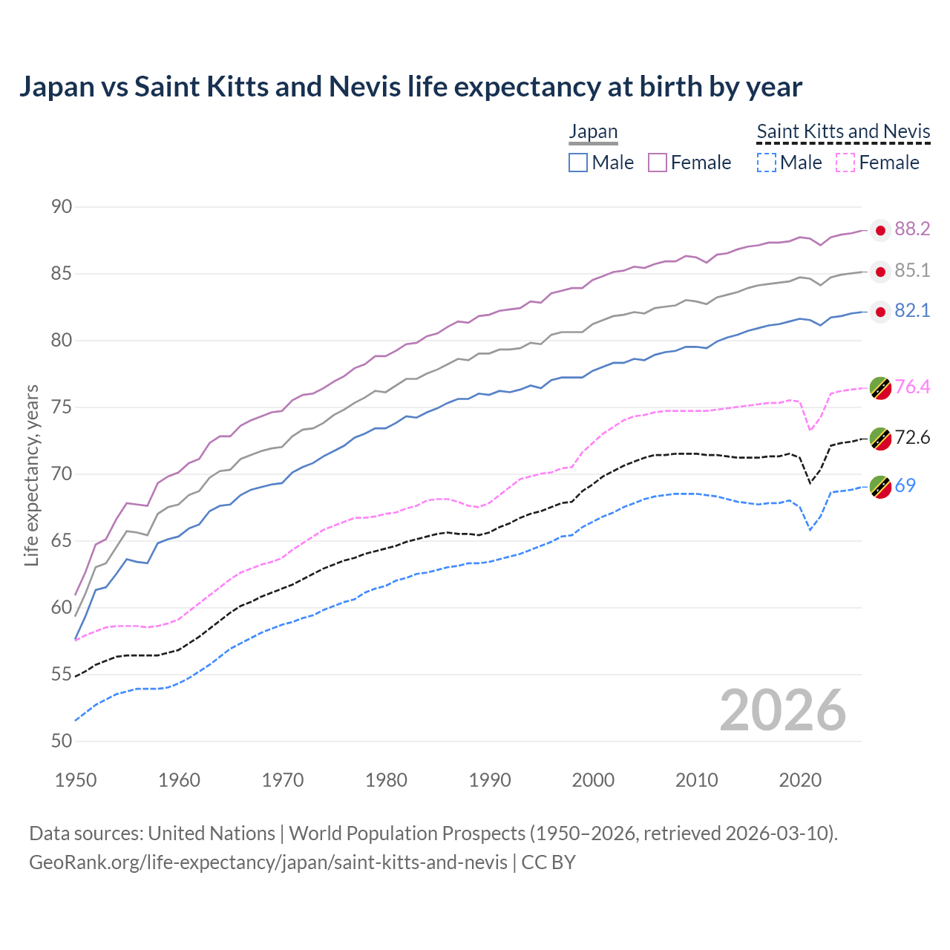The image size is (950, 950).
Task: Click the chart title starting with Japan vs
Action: [410, 87]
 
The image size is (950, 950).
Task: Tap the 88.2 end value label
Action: [912, 229]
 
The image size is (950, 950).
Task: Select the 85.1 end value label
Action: [912, 271]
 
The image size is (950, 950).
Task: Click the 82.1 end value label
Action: [912, 311]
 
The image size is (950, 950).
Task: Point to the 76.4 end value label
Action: [912, 387]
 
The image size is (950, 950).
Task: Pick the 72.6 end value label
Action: [912, 438]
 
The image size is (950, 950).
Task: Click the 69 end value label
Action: [905, 486]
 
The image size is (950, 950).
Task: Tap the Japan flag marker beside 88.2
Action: [880, 231]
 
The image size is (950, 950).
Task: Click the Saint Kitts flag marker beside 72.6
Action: [880, 439]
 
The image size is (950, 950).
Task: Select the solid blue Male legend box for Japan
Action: [578, 163]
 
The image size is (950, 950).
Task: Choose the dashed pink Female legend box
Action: [845, 163]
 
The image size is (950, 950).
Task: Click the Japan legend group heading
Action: [593, 132]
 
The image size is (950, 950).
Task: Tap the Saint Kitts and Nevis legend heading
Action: [843, 132]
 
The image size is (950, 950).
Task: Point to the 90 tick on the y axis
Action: [62, 207]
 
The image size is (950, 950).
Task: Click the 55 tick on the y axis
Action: [62, 675]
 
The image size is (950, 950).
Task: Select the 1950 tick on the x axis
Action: [76, 780]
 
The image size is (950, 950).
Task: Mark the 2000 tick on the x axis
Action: [593, 780]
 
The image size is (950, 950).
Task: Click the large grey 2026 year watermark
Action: [783, 710]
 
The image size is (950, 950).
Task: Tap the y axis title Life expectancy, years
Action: [32, 475]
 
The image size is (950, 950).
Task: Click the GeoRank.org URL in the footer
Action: [268, 862]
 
